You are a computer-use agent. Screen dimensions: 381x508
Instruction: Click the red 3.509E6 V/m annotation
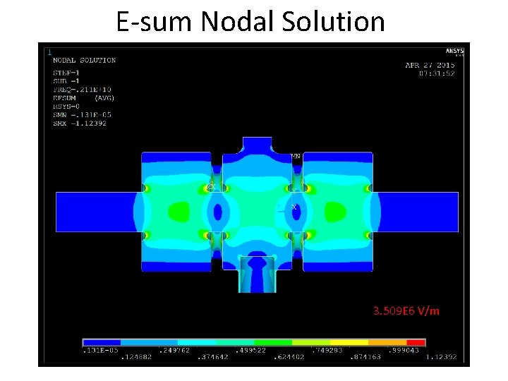pos(406,310)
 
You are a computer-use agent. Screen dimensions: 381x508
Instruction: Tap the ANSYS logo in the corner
pos(454,50)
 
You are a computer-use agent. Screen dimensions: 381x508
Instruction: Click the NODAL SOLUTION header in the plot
pos(84,60)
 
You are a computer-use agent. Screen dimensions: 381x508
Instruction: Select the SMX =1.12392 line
pos(80,123)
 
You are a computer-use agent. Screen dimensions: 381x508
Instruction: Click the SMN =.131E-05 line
pos(82,114)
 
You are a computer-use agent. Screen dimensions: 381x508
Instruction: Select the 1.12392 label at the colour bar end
pos(441,358)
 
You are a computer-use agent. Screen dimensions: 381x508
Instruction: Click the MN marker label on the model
pos(296,155)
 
